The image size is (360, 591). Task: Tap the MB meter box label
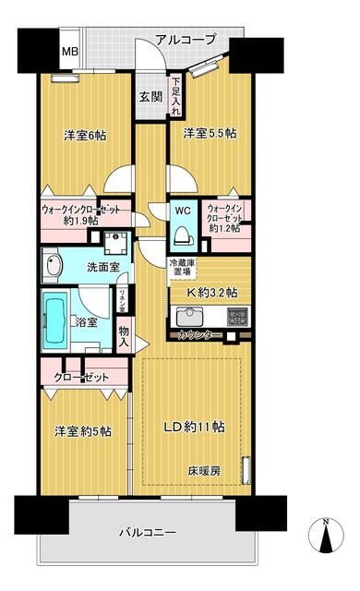(x=69, y=51)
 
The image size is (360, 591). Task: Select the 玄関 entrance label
(x=150, y=97)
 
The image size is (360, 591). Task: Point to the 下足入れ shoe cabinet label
(x=175, y=98)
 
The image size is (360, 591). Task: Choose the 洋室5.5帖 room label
(x=208, y=133)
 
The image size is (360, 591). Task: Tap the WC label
(x=182, y=210)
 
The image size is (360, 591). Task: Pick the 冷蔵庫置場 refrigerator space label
(x=180, y=268)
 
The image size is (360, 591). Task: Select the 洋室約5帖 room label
(x=82, y=430)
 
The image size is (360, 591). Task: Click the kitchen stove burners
(x=237, y=316)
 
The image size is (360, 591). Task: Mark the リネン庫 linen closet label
(x=122, y=300)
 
